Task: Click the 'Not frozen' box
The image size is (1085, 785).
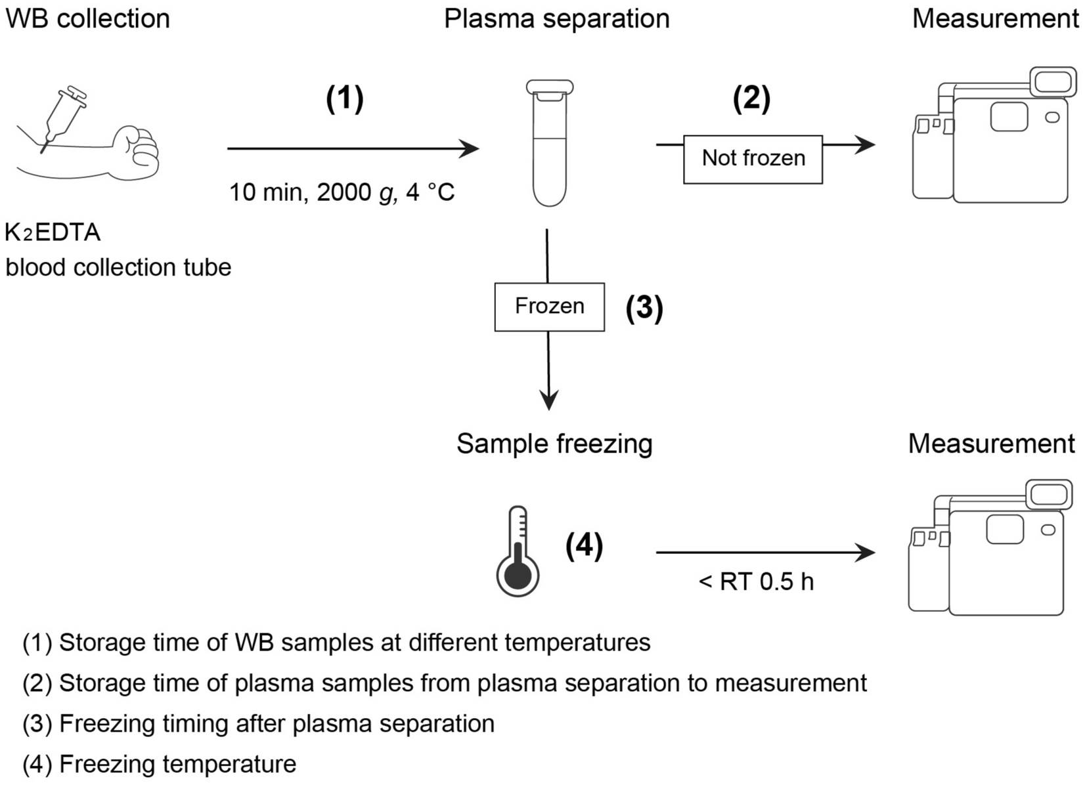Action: pyautogui.click(x=753, y=159)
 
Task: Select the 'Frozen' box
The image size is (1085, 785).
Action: pyautogui.click(x=549, y=307)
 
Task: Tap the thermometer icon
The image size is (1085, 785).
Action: pyautogui.click(x=518, y=551)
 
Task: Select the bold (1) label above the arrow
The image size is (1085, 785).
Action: pyautogui.click(x=345, y=98)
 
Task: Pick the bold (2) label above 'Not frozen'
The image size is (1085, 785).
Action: pyautogui.click(x=751, y=98)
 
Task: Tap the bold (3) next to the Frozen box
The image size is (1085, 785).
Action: pyautogui.click(x=644, y=308)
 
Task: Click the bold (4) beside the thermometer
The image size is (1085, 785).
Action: pyautogui.click(x=584, y=545)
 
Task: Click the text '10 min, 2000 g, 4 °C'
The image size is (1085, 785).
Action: pyautogui.click(x=342, y=193)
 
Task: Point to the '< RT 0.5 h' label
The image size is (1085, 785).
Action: pyautogui.click(x=756, y=582)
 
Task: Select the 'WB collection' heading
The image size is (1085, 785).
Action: pyautogui.click(x=88, y=18)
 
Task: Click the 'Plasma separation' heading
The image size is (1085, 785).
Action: pyautogui.click(x=556, y=18)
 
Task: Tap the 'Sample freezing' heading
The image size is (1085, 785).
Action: pyautogui.click(x=554, y=444)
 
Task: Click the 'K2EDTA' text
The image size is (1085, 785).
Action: pyautogui.click(x=53, y=232)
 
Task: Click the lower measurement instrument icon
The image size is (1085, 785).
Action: pyautogui.click(x=990, y=551)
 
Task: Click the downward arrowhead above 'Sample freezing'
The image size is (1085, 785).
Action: pyautogui.click(x=548, y=399)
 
